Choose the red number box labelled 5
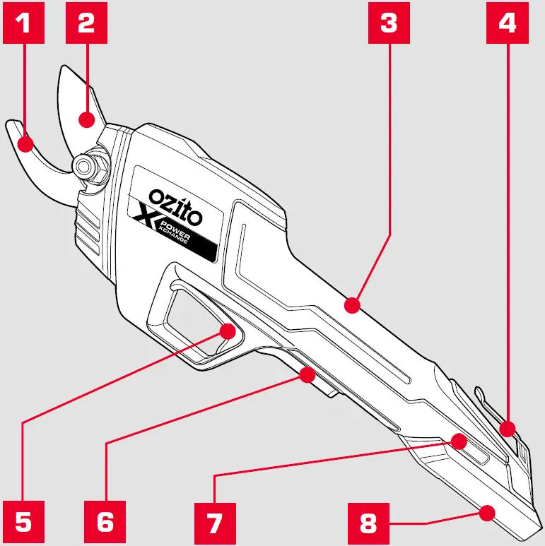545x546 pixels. (x=24, y=521)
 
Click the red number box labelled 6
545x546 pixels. (x=105, y=521)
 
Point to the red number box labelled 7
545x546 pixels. (x=214, y=521)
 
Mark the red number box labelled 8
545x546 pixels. (x=368, y=521)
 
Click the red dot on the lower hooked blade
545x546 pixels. (x=26, y=145)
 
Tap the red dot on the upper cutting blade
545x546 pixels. (x=87, y=119)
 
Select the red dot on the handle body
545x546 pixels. (x=351, y=305)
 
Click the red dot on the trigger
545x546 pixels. (x=228, y=331)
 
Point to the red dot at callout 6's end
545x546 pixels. (x=306, y=374)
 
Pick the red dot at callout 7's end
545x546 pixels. (x=459, y=442)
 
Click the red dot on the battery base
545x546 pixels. (x=486, y=513)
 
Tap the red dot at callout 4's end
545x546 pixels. (x=507, y=428)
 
